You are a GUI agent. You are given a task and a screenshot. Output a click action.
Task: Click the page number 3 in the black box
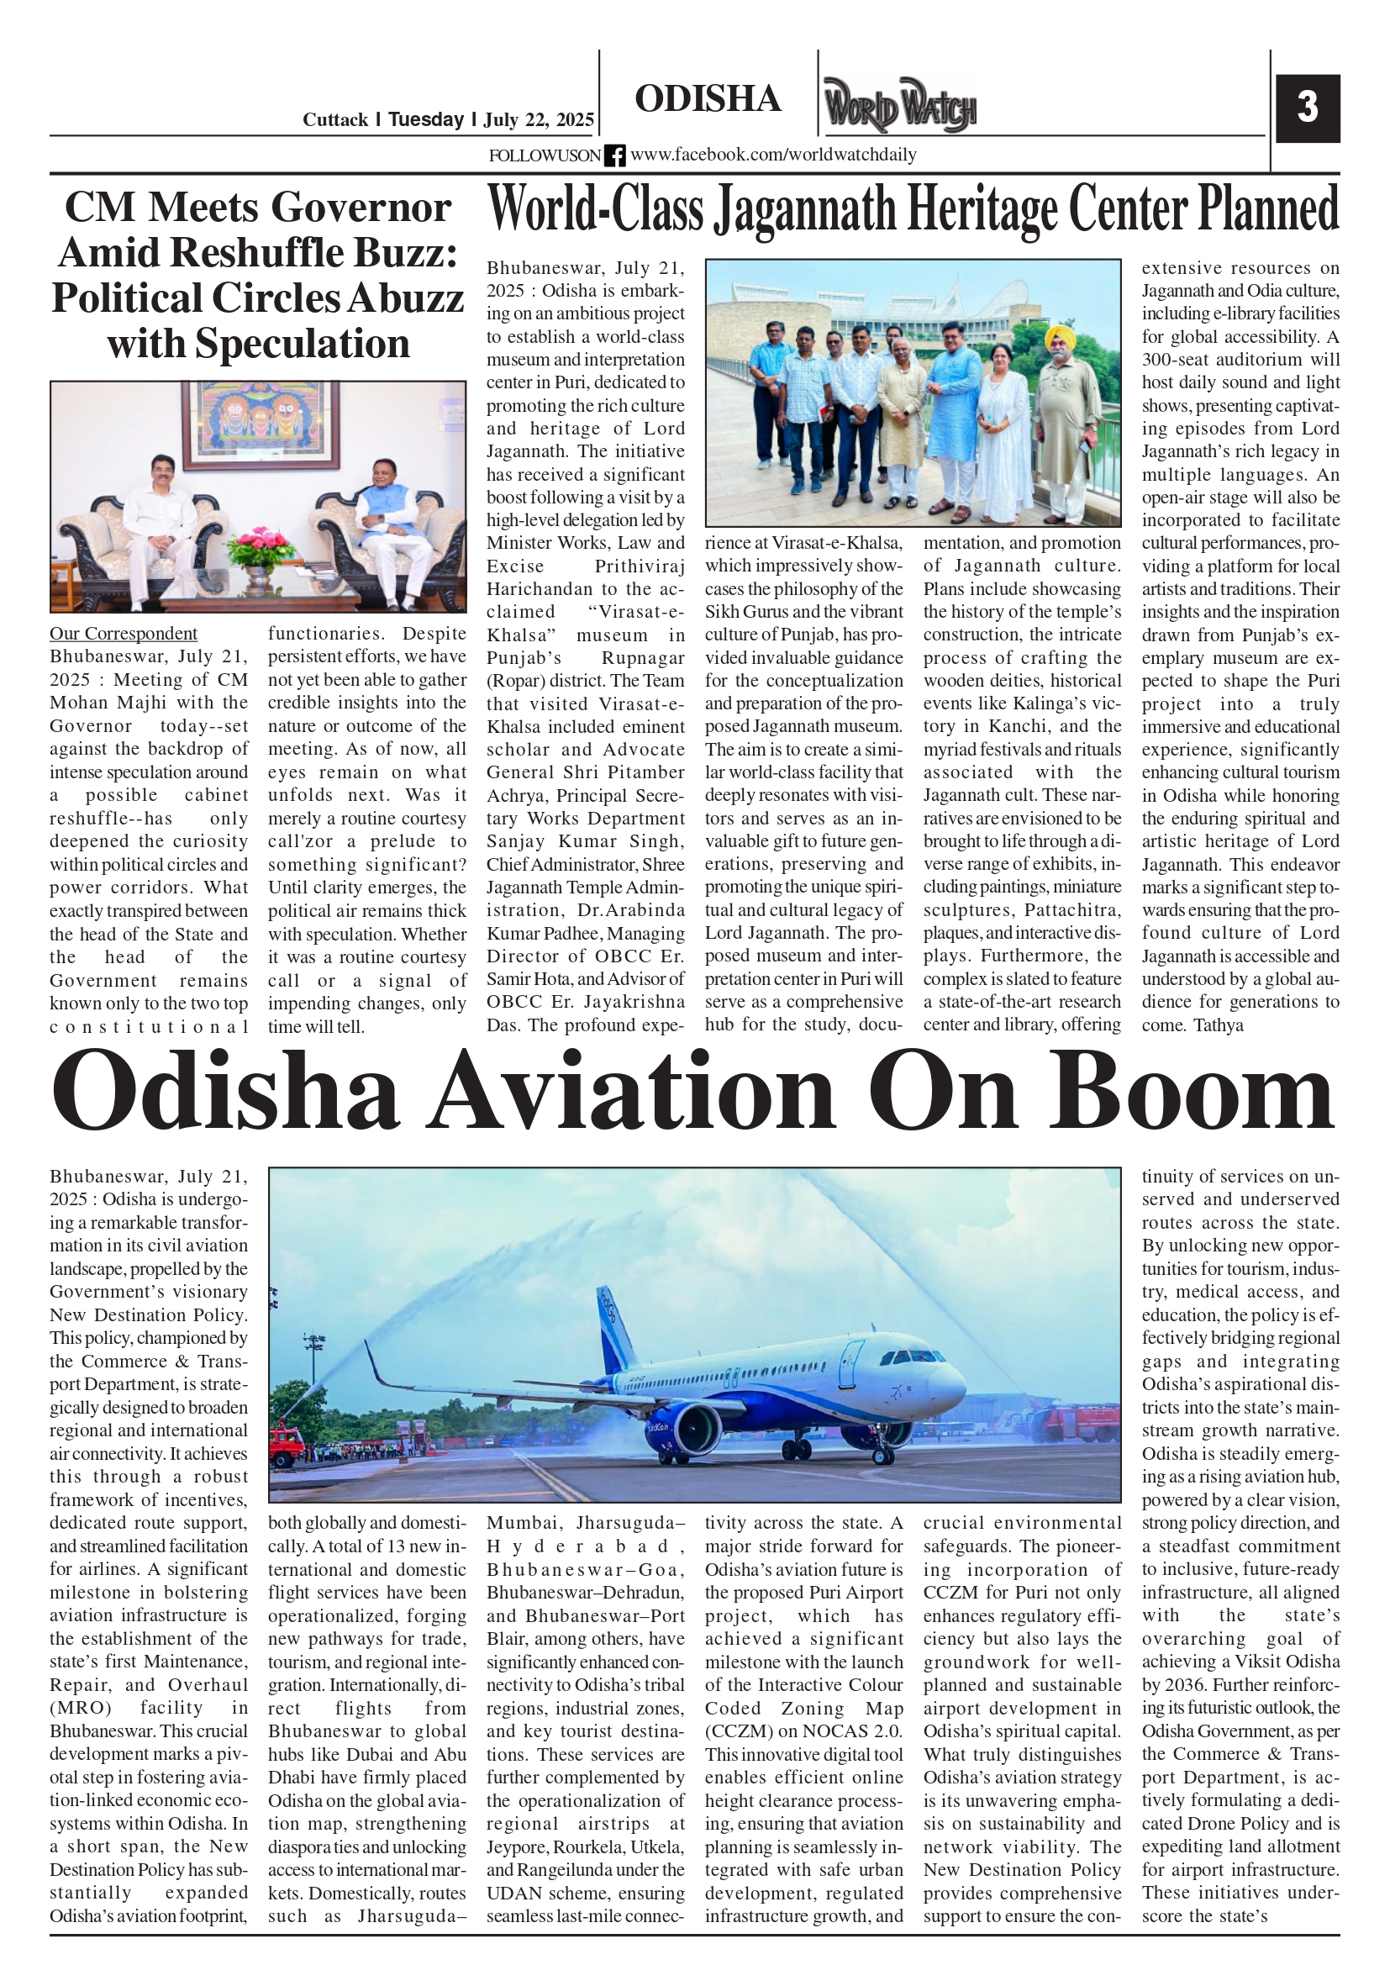(x=1307, y=108)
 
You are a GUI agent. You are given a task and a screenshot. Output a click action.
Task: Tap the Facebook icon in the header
(x=614, y=155)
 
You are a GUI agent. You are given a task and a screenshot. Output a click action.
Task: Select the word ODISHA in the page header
(x=708, y=99)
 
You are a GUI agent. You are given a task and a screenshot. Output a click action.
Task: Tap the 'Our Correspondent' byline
(x=123, y=633)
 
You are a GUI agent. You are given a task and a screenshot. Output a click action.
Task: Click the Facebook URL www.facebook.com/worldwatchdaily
(x=772, y=155)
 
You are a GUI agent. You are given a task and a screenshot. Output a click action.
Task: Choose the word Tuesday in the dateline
(x=425, y=119)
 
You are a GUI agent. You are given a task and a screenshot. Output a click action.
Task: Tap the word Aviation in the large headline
(x=633, y=1093)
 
